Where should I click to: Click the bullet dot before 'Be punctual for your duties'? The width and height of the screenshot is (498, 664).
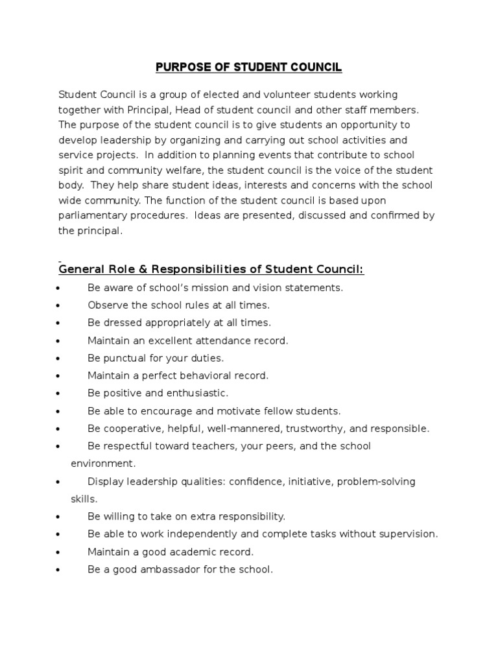pyautogui.click(x=59, y=358)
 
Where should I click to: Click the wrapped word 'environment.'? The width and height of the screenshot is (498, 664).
pyautogui.click(x=103, y=464)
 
